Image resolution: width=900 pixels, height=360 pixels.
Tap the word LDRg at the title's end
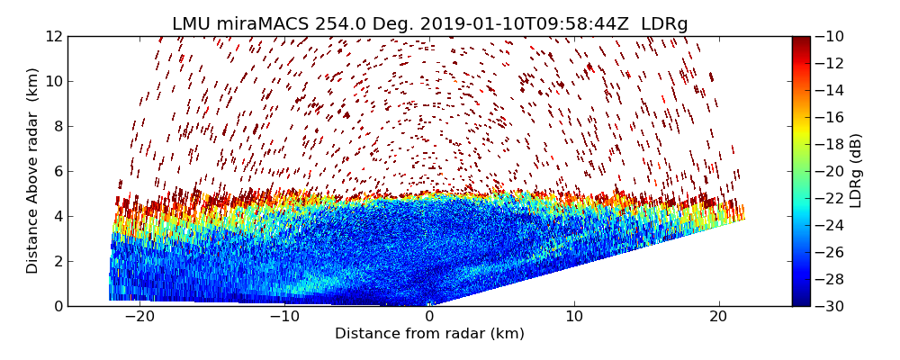tap(664, 24)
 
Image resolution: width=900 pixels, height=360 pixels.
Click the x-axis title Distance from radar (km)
tap(429, 334)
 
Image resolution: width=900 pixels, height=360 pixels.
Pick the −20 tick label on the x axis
tap(139, 317)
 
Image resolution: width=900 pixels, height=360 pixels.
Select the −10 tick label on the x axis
tap(284, 317)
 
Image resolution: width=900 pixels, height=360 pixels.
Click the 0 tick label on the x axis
tap(429, 317)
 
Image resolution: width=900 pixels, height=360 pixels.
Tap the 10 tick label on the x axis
tap(574, 317)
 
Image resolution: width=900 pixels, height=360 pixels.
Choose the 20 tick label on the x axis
tap(718, 317)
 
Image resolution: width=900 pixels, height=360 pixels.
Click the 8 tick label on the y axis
tap(58, 127)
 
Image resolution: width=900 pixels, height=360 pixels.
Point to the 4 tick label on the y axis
tap(58, 216)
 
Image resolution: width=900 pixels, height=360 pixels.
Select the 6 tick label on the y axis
tap(58, 171)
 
